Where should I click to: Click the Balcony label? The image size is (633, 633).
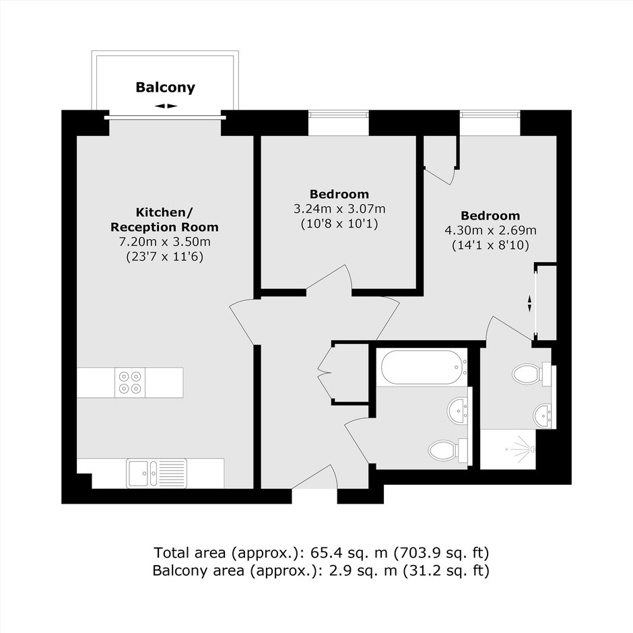165,87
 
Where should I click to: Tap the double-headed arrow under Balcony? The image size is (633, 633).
166,106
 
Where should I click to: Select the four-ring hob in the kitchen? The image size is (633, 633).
130,382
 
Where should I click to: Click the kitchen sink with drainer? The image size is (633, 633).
157,473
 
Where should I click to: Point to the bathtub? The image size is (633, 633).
422,367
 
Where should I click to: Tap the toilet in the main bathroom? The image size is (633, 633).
448,450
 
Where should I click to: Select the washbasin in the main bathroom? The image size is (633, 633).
458,411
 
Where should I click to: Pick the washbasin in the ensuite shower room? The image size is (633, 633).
543,415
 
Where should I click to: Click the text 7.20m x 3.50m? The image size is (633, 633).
164,242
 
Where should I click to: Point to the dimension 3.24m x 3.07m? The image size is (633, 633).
339,209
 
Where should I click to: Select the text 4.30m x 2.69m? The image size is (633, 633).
490,230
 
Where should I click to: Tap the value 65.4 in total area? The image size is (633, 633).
322,552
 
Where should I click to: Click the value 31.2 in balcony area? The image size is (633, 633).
422,570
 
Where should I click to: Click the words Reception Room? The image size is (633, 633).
164,227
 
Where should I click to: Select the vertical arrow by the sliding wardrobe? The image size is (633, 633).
529,303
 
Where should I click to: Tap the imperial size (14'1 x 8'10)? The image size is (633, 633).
490,245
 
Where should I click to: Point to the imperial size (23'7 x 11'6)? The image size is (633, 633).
164,257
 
